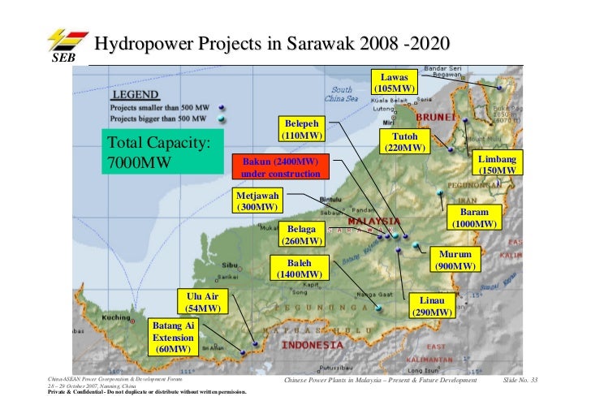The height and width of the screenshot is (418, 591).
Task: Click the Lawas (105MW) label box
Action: coord(395,81)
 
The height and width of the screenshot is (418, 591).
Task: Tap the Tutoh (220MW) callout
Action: coord(404,142)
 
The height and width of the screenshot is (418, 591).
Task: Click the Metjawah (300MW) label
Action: coord(257,201)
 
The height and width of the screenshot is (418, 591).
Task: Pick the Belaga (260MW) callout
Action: coord(301,235)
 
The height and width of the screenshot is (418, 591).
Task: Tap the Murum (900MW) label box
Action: coord(455,259)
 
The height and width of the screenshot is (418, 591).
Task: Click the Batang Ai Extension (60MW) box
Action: coord(174,337)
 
